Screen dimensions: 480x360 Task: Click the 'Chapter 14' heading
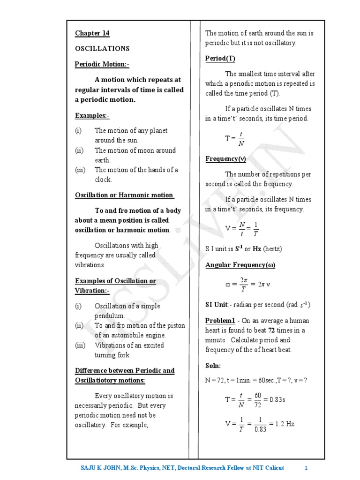tap(92, 33)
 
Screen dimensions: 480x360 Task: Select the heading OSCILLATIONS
tap(102, 49)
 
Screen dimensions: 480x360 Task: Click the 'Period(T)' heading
tap(220, 59)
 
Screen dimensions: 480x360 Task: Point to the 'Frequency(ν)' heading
tap(225, 159)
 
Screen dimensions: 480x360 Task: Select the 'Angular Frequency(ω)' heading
tap(240, 265)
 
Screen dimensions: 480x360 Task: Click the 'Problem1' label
tap(220, 320)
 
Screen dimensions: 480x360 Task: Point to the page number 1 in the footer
tap(306, 468)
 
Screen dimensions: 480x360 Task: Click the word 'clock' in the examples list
tap(103, 180)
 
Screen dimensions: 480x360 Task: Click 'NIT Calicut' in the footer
tap(269, 468)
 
